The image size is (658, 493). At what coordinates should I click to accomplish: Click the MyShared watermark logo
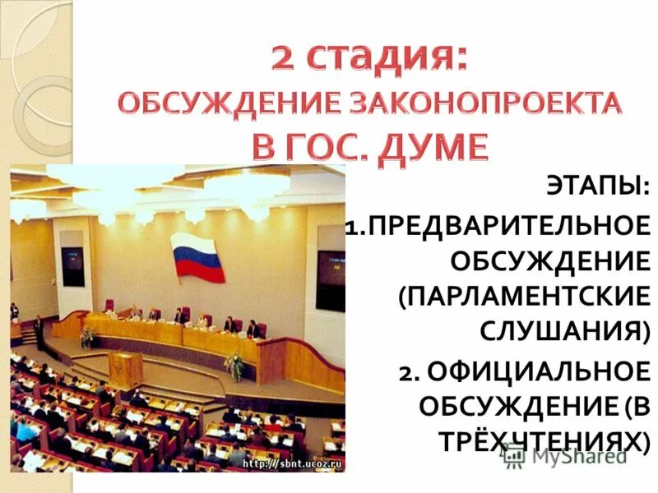(567, 455)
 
